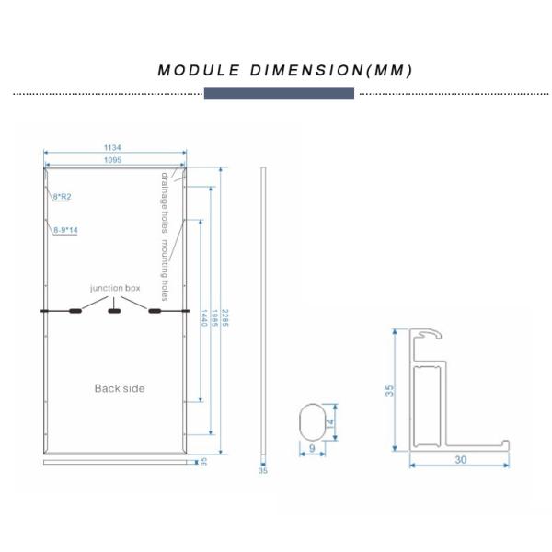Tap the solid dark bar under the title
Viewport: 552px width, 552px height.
[x=278, y=94]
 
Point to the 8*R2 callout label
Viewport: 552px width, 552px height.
[x=63, y=196]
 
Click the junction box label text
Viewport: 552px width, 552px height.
[x=115, y=289]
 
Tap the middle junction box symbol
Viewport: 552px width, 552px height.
[x=115, y=311]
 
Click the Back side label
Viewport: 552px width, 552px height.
[x=119, y=388]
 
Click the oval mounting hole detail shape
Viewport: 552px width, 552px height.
[x=314, y=422]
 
